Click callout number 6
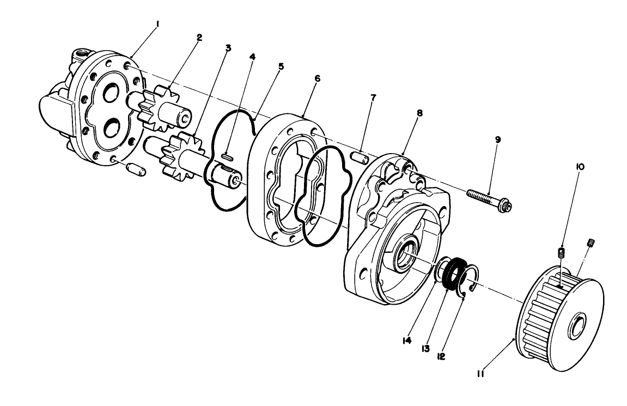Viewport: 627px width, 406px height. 316,78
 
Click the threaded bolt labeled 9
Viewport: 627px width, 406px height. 488,199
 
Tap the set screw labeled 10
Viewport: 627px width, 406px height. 561,252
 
